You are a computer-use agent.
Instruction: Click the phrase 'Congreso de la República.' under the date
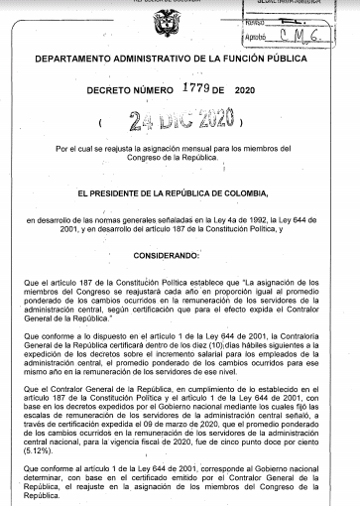pos(180,159)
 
